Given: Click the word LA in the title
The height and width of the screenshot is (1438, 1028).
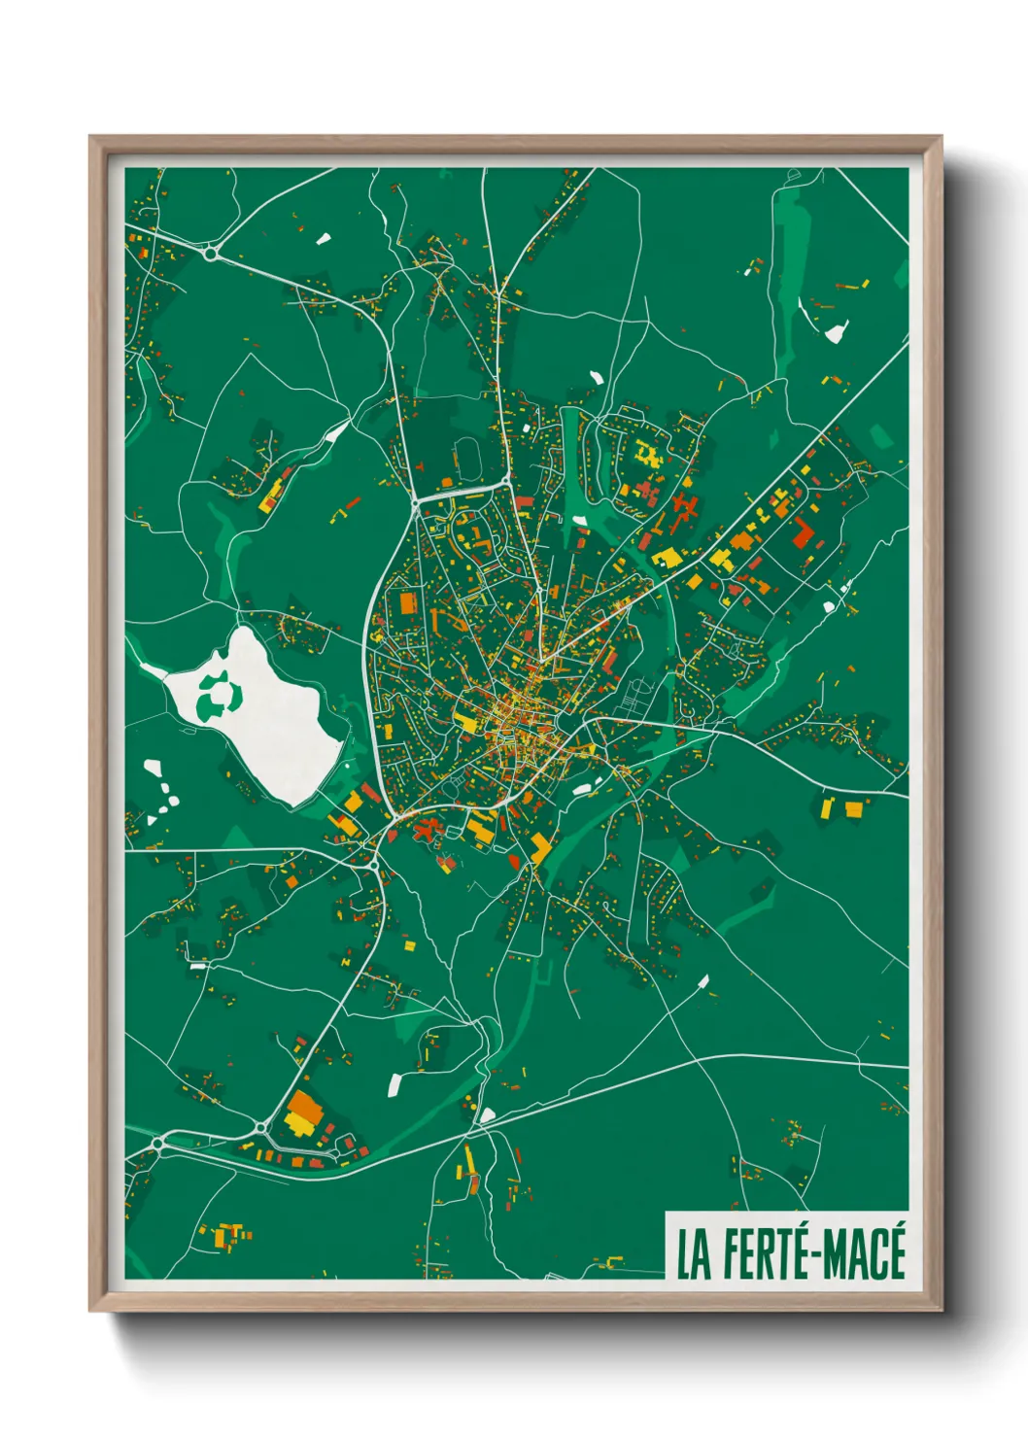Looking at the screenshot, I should (692, 1255).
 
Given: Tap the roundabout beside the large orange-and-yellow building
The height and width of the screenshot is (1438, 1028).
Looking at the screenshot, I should (261, 1127).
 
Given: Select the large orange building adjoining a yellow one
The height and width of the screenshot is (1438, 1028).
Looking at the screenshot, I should (304, 1105).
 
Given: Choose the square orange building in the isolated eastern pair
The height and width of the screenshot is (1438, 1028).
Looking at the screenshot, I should (854, 808).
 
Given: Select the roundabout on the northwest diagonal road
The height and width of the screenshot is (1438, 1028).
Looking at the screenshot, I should (211, 254).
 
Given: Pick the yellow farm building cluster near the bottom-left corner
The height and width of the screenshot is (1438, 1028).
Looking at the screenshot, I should (227, 1235).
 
